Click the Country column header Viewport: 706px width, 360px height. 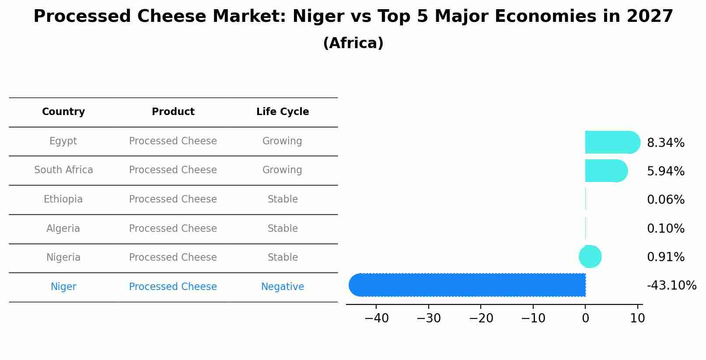(x=63, y=112)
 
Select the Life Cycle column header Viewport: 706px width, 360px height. (x=283, y=112)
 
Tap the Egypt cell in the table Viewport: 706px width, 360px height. (x=63, y=141)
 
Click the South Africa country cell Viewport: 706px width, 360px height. (x=63, y=170)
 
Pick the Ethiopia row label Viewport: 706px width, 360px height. (x=63, y=199)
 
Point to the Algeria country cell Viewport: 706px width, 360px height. (x=63, y=229)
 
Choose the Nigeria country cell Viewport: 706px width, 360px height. (x=63, y=258)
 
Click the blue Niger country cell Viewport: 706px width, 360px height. (x=63, y=287)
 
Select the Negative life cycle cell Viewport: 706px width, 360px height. (x=283, y=287)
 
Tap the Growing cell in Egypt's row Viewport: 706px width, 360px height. (x=282, y=141)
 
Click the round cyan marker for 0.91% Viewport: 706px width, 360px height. (x=590, y=257)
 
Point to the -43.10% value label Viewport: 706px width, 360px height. (x=671, y=286)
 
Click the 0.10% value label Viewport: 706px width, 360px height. (x=665, y=229)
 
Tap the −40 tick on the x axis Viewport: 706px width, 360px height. (x=376, y=318)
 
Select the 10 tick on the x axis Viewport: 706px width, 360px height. (x=637, y=318)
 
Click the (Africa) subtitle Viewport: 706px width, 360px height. (x=353, y=43)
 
